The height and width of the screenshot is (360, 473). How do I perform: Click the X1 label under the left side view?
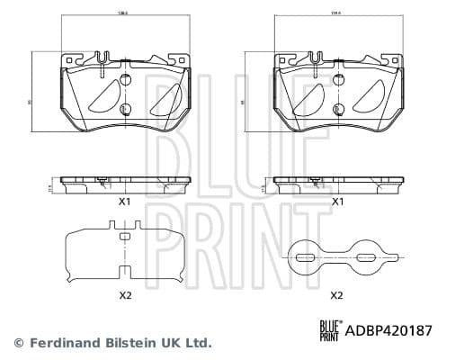(125, 202)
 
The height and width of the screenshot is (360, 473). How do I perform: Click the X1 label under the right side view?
(337, 202)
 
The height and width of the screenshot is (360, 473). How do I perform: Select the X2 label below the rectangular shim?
(125, 294)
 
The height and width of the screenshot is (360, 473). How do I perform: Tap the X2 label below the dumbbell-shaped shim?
(337, 294)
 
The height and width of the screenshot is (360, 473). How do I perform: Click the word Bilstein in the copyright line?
(133, 343)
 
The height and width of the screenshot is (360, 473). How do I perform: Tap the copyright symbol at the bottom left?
(18, 343)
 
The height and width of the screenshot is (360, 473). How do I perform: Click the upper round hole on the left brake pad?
(125, 78)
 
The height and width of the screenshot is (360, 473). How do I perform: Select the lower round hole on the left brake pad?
(125, 110)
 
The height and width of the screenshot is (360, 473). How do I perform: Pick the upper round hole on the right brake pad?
(338, 78)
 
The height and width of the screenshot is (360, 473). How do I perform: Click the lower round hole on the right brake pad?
(338, 110)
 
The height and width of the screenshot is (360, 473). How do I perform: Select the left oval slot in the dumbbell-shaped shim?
(308, 259)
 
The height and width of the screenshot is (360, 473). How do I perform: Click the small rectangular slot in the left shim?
(125, 236)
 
